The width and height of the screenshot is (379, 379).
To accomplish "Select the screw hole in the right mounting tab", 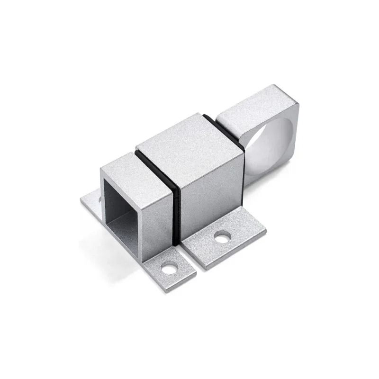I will click(x=222, y=236).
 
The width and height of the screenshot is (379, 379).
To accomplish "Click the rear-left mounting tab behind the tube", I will click(x=90, y=201).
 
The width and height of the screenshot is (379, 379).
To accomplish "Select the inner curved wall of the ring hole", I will click(x=258, y=156).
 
